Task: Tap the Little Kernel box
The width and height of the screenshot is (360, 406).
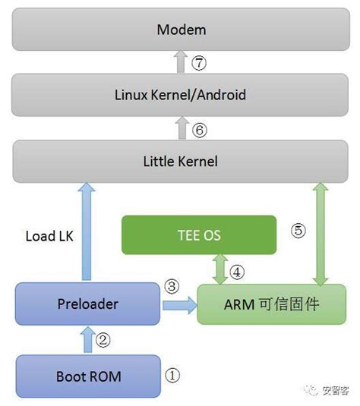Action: tap(181, 161)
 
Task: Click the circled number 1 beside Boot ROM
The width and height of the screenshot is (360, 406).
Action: tap(174, 374)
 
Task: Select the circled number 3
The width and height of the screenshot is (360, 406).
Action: tap(173, 287)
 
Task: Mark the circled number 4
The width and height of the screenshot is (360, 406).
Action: tap(237, 270)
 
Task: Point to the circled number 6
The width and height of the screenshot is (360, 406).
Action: tap(199, 130)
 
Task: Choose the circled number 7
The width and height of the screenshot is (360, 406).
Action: tap(199, 64)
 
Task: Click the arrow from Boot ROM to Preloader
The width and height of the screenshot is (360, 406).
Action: tap(88, 340)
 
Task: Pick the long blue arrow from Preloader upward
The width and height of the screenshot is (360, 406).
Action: tap(88, 231)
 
